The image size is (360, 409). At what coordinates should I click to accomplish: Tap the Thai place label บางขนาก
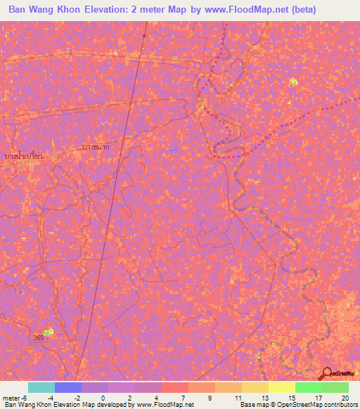pyautogui.click(x=95, y=148)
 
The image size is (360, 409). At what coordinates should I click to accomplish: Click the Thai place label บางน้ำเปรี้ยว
pyautogui.click(x=22, y=156)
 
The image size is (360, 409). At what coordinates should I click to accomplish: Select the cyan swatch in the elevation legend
pyautogui.click(x=41, y=387)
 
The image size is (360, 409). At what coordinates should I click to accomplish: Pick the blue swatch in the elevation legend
pyautogui.click(x=67, y=387)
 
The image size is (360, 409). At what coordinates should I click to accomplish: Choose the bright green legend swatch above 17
pyautogui.click(x=308, y=387)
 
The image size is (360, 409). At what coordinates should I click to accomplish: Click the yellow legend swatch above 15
pyautogui.click(x=281, y=387)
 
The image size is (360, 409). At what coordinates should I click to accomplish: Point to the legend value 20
pyautogui.click(x=345, y=397)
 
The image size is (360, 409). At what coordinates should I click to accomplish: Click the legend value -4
pyautogui.click(x=51, y=397)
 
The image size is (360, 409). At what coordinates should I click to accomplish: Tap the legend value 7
pyautogui.click(x=182, y=397)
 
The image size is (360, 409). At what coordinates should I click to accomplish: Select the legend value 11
pyautogui.click(x=236, y=397)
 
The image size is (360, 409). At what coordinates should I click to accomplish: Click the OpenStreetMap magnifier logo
pyautogui.click(x=326, y=374)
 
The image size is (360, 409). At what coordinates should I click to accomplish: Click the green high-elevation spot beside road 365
pyautogui.click(x=49, y=332)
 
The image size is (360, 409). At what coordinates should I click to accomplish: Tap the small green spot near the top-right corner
pyautogui.click(x=294, y=82)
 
